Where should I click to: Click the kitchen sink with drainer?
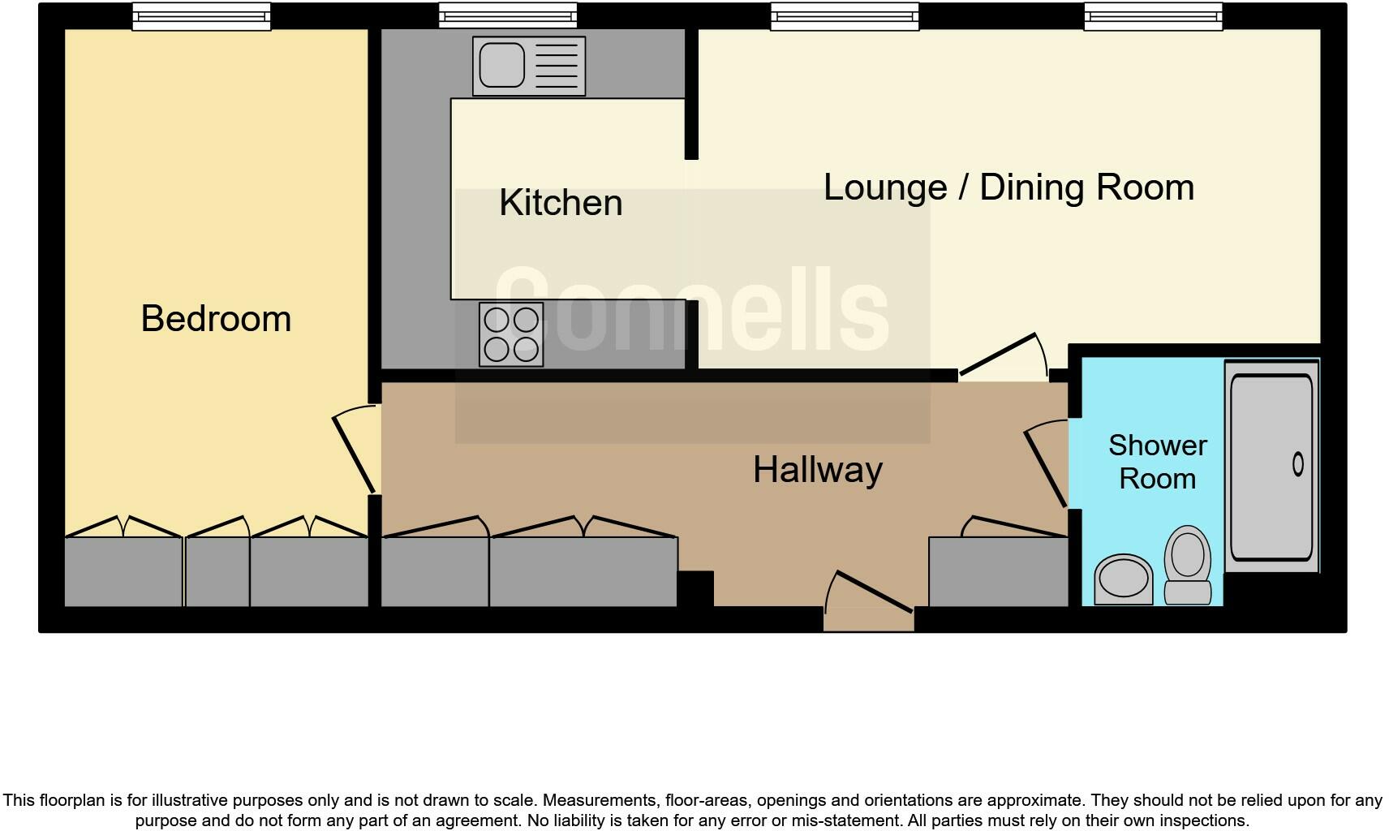[528, 66]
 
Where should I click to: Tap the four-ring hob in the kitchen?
[511, 334]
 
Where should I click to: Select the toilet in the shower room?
[1188, 566]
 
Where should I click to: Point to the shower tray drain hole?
[1297, 464]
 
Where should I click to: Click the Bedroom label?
[216, 318]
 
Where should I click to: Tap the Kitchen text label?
[561, 203]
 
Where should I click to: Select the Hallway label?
[817, 470]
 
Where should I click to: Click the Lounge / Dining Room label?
[1008, 187]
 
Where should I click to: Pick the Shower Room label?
[1157, 462]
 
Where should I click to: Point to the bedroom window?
[201, 16]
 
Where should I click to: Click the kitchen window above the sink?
[508, 16]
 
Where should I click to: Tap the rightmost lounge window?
[1153, 16]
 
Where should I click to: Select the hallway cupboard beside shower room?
[998, 571]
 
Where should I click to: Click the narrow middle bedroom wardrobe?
[217, 571]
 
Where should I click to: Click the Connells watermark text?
[691, 311]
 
